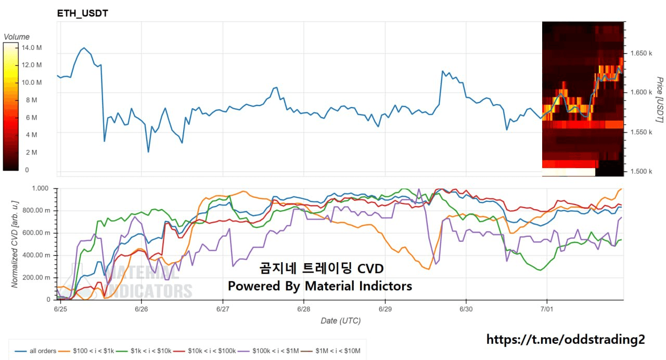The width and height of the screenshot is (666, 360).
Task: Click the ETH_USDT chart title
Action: [x=82, y=14]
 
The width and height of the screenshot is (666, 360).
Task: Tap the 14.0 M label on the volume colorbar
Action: [x=32, y=47]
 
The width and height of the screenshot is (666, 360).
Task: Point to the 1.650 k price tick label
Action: [x=642, y=53]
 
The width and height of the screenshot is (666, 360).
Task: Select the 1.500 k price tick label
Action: [x=642, y=171]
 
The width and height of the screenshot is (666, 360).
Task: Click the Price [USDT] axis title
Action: [x=659, y=99]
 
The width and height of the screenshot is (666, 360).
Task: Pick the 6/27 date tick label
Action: [x=223, y=309]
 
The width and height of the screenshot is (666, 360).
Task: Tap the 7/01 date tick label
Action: [x=547, y=309]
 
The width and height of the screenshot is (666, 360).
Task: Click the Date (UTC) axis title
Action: [x=341, y=321]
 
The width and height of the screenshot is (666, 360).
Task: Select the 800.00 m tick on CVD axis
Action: [x=37, y=211]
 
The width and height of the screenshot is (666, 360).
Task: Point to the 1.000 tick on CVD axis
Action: [x=40, y=188]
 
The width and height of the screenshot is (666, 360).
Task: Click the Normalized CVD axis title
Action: [x=15, y=245]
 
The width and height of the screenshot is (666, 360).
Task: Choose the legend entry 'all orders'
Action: [x=35, y=351]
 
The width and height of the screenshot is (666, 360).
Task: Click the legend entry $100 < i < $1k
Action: [x=86, y=351]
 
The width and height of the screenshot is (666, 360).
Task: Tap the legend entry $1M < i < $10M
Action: [x=330, y=351]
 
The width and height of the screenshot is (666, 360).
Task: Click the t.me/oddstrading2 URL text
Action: [x=566, y=340]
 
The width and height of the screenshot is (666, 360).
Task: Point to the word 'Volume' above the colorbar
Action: [x=17, y=37]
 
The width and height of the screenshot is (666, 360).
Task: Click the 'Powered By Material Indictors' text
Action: [x=320, y=286]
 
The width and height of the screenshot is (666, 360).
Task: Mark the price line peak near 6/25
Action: [x=84, y=47]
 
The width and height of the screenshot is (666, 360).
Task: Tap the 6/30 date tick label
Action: [x=466, y=309]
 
